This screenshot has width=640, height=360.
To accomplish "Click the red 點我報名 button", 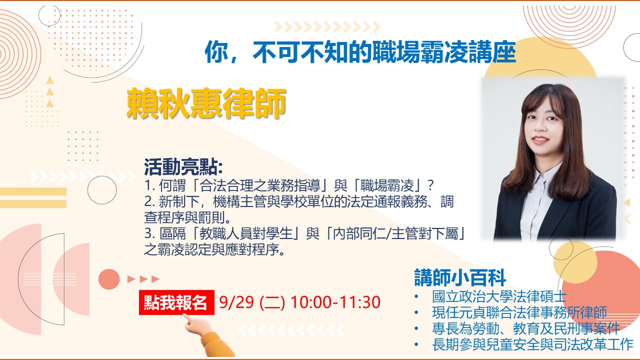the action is click(176, 302).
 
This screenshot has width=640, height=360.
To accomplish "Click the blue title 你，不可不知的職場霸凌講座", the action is click(360, 52).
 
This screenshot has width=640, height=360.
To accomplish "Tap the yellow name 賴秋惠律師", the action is click(206, 103).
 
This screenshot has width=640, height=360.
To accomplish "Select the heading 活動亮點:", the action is click(183, 167).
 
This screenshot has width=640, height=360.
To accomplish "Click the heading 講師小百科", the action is click(460, 277).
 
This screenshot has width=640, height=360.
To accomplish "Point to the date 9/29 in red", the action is click(236, 302).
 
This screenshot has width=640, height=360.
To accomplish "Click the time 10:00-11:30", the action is click(335, 302).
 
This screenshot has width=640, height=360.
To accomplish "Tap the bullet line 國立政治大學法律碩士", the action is click(499, 296).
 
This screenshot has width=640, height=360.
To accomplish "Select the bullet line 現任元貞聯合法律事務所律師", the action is click(519, 312).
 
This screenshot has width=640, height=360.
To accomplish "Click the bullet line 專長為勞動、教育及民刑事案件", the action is click(526, 328).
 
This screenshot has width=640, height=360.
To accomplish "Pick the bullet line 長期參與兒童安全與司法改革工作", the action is click(532, 344).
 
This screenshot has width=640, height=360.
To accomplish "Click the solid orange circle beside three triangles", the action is click(109, 279).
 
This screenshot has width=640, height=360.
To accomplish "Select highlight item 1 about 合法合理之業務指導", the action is click(289, 185).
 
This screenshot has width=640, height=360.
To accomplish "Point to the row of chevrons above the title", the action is click(327, 27).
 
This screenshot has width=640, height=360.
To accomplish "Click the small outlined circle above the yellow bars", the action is click(102, 190).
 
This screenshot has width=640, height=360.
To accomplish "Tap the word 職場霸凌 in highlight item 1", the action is click(387, 185).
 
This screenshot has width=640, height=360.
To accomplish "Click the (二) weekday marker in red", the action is click(272, 302).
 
